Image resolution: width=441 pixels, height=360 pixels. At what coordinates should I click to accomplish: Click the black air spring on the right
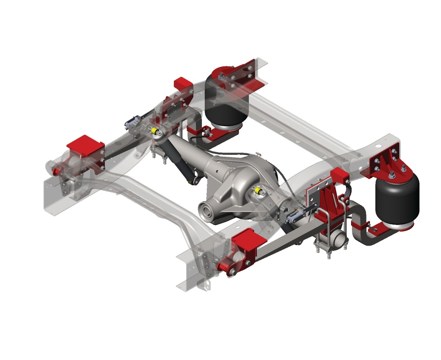click(x=396, y=199)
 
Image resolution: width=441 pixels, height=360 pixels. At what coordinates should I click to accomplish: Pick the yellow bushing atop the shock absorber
click(x=155, y=131)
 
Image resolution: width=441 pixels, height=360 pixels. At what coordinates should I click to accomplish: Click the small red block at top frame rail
click(x=183, y=83)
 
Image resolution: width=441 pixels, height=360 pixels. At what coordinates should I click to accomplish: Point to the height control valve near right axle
click(x=295, y=216)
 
